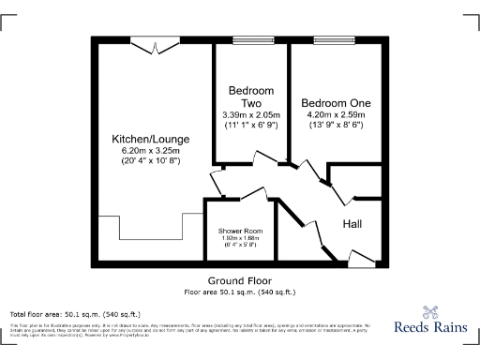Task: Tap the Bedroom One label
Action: tap(335, 102)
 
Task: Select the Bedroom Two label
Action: tap(250, 97)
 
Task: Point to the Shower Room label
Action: tap(240, 231)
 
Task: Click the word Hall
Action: tap(352, 225)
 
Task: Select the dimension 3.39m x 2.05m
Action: tap(250, 114)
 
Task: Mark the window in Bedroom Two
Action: tap(250, 39)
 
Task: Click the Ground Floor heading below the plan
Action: tap(240, 281)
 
